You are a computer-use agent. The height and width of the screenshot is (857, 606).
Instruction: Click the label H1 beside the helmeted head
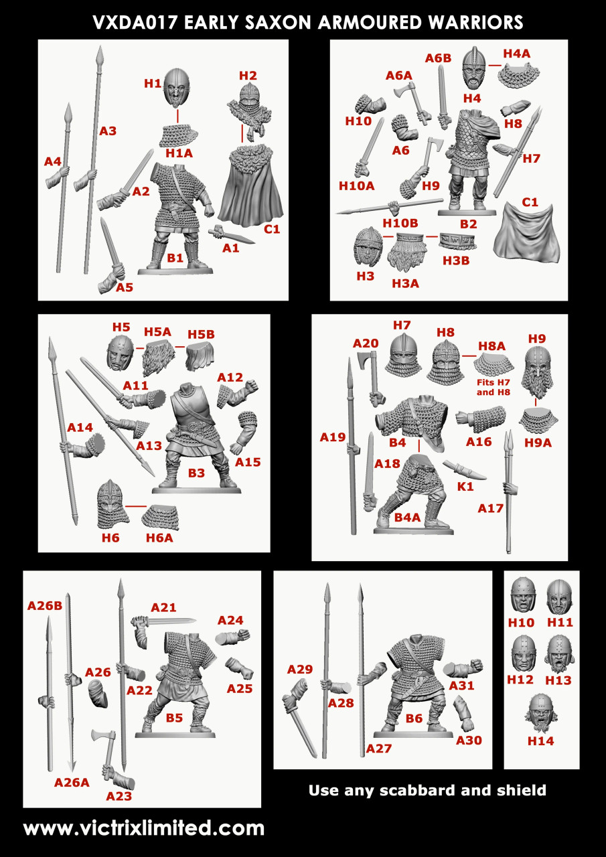[153, 84]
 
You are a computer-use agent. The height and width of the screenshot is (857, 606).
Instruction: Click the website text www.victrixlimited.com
[144, 828]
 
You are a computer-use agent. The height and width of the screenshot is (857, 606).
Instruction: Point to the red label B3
[196, 473]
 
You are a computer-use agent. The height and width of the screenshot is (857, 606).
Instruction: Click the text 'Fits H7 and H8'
[494, 388]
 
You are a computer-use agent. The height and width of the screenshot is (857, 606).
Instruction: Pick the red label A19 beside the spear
[332, 438]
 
